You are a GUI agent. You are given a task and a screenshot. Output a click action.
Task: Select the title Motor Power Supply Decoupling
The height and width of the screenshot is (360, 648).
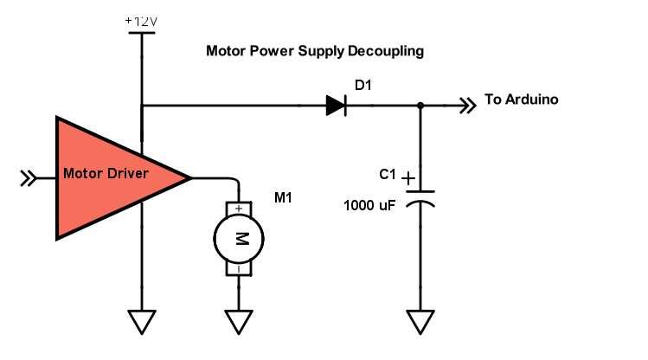click(x=315, y=51)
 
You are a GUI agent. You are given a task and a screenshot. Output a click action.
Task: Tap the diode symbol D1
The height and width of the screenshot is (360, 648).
click(x=337, y=106)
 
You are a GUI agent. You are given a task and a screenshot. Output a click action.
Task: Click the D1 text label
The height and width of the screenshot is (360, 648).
click(x=363, y=84)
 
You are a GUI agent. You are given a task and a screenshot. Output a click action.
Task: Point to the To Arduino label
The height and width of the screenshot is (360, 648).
click(x=522, y=100)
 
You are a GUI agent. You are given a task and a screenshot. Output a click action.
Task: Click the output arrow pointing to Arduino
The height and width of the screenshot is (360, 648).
click(x=467, y=106)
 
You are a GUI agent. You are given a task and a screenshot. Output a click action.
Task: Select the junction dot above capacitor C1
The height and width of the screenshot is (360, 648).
click(x=420, y=106)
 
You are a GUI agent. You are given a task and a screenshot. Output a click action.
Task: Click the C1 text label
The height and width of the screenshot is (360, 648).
click(x=388, y=175)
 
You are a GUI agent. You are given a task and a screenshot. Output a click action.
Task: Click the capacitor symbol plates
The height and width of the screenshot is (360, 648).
click(x=420, y=196)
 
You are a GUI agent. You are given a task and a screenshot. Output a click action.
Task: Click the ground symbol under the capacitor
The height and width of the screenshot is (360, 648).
click(x=420, y=322)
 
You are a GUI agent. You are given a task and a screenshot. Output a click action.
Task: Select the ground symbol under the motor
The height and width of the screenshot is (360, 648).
click(x=238, y=322)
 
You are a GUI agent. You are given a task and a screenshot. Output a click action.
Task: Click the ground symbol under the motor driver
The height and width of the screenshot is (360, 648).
click(x=140, y=322)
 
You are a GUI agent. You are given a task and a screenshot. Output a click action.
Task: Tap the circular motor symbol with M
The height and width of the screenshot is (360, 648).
click(x=238, y=239)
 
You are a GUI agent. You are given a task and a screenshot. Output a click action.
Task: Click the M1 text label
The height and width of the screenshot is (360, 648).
click(x=283, y=198)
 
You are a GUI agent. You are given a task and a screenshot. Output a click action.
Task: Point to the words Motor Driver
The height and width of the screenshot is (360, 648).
click(x=106, y=173)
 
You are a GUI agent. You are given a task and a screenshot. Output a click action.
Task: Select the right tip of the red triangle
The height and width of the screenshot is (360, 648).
click(x=189, y=177)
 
